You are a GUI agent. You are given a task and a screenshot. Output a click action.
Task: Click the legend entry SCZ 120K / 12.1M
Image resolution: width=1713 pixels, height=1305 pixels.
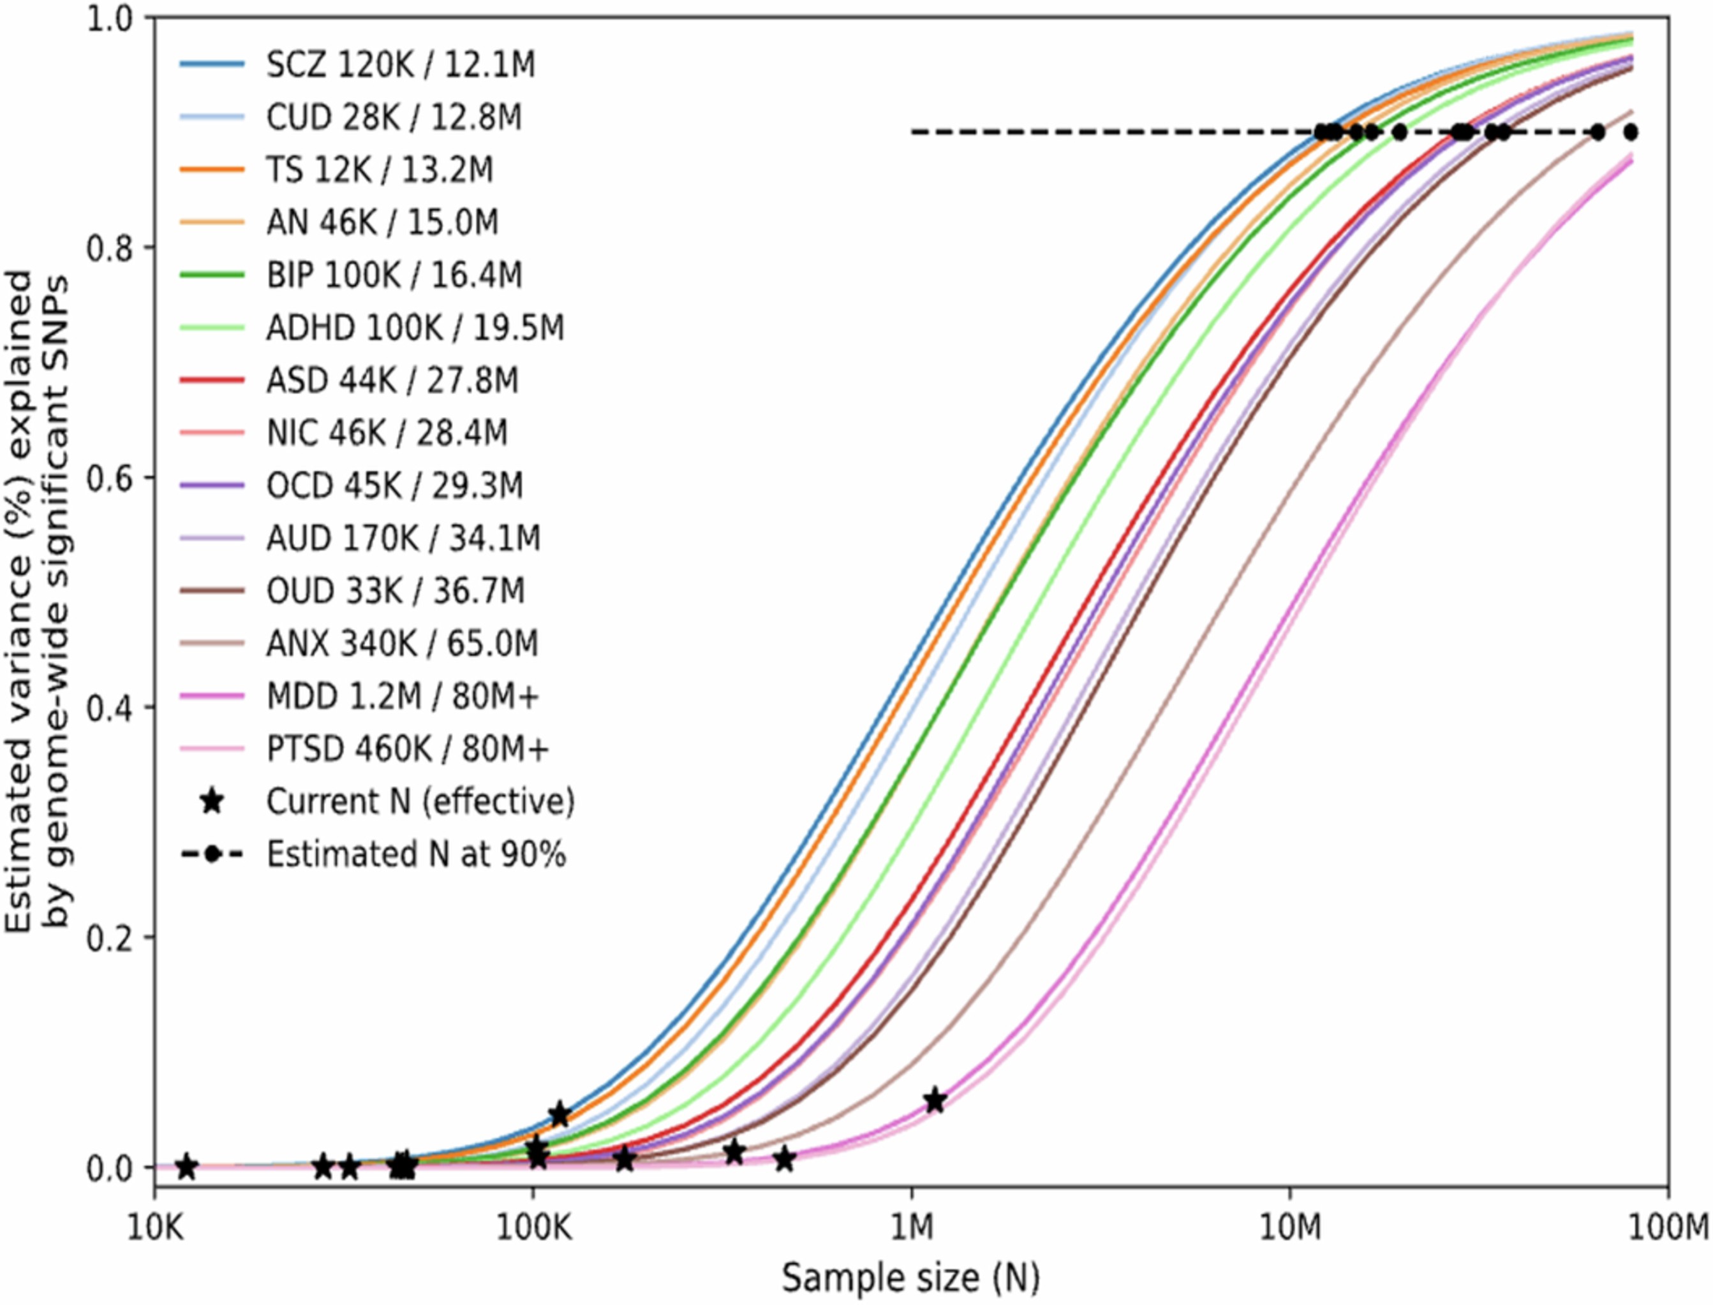(399, 64)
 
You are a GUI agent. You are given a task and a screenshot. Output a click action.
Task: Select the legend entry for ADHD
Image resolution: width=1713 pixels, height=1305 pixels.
(414, 328)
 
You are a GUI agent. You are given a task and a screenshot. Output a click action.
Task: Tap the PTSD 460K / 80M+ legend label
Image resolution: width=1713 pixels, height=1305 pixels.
(407, 749)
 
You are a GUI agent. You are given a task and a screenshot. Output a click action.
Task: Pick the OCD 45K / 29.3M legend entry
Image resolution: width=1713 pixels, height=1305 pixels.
(394, 486)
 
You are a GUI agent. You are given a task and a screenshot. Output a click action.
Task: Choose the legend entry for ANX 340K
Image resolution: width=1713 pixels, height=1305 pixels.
(401, 644)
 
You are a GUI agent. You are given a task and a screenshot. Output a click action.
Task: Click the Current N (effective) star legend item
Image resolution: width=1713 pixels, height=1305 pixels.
(420, 801)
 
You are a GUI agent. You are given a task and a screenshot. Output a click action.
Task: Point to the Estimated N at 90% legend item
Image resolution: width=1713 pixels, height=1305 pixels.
(416, 854)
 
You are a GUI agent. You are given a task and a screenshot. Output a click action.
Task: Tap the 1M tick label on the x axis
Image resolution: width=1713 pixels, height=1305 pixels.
(911, 1229)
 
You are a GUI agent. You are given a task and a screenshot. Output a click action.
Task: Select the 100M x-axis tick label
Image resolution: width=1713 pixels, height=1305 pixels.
(1666, 1229)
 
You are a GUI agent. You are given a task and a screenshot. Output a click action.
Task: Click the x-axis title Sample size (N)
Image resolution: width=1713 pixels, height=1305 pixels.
(910, 1277)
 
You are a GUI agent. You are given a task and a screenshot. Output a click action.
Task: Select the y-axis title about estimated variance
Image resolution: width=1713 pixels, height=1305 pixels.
(37, 598)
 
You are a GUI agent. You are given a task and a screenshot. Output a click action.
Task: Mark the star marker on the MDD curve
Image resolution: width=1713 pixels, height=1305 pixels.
(935, 1100)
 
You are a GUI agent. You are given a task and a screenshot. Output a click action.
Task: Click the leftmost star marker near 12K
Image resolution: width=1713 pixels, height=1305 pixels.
(186, 1166)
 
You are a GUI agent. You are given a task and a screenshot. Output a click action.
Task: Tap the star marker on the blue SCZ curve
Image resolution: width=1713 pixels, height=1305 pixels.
(559, 1114)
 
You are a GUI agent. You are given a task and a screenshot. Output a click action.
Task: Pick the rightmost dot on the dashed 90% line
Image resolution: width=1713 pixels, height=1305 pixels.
(1631, 132)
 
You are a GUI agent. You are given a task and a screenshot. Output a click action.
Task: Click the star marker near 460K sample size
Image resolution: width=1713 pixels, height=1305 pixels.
(784, 1160)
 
